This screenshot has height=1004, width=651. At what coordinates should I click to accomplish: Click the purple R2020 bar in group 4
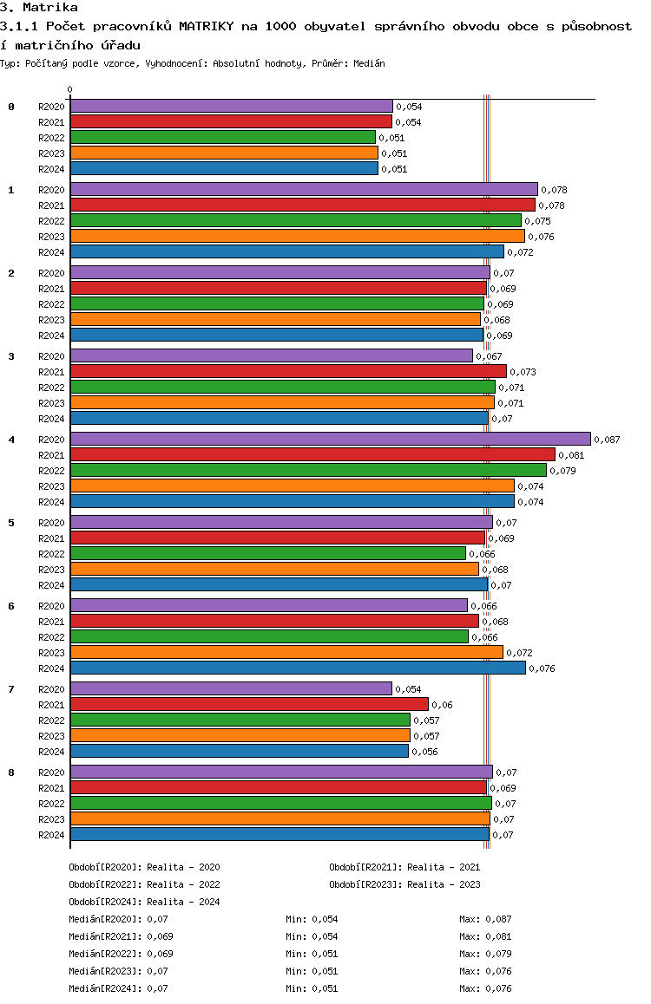coord(330,439)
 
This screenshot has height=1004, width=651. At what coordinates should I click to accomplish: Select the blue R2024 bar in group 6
coord(298,668)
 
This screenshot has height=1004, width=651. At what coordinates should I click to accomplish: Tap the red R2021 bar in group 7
coord(249,704)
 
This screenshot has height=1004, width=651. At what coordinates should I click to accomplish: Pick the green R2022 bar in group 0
coord(222,137)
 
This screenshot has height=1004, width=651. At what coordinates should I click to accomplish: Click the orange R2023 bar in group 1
coord(297,236)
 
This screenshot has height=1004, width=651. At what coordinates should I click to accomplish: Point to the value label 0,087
coord(607,440)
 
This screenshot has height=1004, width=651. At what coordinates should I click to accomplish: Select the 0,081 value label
coord(571,455)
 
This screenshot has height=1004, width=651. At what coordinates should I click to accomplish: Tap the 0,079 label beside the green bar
coord(562,471)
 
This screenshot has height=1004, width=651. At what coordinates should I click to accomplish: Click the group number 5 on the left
coord(11,523)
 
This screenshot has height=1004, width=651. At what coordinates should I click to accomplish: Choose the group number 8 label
coord(11,773)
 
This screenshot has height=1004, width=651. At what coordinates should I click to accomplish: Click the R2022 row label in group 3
coord(51,388)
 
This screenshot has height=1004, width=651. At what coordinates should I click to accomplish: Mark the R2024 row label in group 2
coord(51,336)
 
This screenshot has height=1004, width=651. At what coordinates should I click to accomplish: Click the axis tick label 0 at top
coord(70,89)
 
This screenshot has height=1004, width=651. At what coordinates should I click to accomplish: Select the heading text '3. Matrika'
coord(39,8)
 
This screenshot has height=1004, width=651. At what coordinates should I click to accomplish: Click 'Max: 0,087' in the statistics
coord(485,919)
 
